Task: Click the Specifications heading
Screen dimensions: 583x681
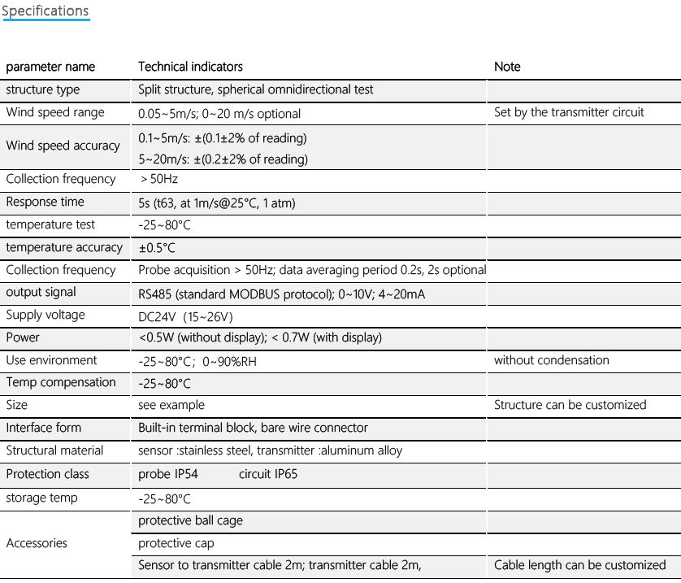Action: coord(46,11)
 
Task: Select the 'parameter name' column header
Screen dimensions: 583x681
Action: coord(50,67)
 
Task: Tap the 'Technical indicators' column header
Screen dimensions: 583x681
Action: coord(190,67)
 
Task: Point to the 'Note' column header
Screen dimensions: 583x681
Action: coord(507,67)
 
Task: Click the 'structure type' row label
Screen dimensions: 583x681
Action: coord(43,89)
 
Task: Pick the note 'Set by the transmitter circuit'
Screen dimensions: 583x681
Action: coord(569,112)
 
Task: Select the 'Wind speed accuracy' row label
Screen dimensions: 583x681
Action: coord(63,146)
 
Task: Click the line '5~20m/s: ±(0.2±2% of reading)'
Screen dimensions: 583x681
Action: coord(223,159)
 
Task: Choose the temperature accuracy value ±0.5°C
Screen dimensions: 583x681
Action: coord(157,248)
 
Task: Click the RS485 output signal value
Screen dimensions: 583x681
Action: coord(281,294)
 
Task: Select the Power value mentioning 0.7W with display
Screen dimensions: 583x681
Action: coord(260,337)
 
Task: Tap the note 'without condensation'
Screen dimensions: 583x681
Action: coord(551,360)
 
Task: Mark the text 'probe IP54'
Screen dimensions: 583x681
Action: coord(168,474)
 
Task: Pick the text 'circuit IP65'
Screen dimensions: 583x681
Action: coord(268,474)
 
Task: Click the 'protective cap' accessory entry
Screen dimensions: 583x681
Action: coord(176,543)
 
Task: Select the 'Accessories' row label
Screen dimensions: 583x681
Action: coord(37,543)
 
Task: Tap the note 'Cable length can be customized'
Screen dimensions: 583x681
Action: coord(579,565)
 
